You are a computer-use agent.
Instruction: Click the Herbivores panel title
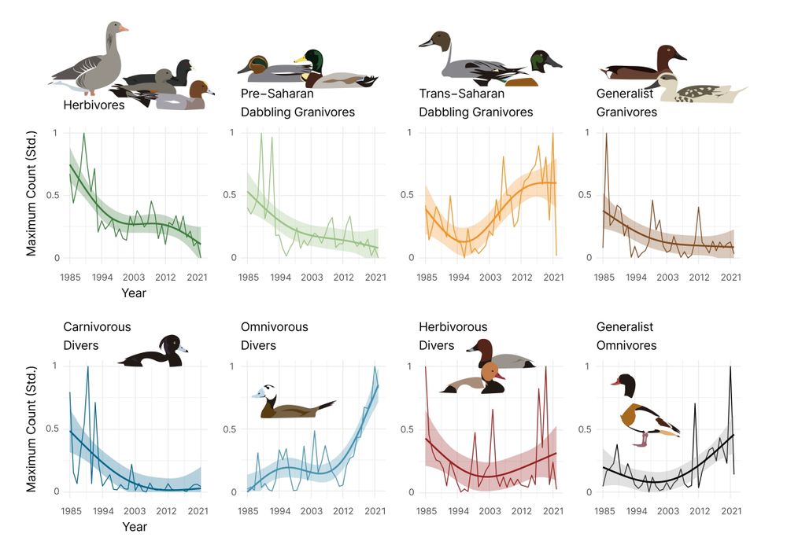click(x=94, y=105)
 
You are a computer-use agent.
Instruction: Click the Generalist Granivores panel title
click(x=626, y=103)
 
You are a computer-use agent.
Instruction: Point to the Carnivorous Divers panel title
click(x=97, y=336)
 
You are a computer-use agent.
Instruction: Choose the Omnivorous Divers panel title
click(x=274, y=336)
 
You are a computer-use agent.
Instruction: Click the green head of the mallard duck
click(x=314, y=60)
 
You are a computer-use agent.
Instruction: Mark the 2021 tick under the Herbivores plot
click(x=198, y=278)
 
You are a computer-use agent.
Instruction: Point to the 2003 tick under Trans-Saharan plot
click(x=490, y=278)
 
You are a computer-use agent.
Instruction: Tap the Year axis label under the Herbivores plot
click(x=134, y=293)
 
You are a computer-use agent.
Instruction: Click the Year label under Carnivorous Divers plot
click(x=134, y=527)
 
